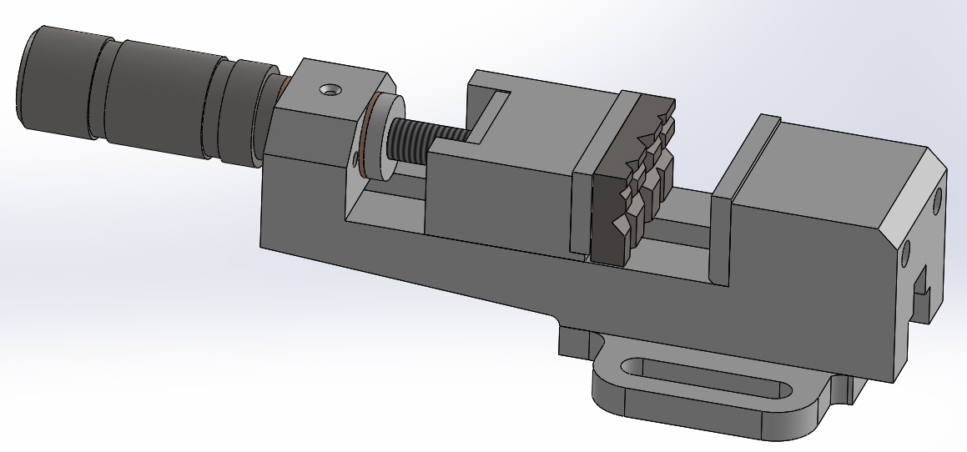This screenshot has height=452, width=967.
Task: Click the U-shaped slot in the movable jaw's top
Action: click(x=488, y=113)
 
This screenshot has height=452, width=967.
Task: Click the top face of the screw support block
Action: click(x=342, y=83)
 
